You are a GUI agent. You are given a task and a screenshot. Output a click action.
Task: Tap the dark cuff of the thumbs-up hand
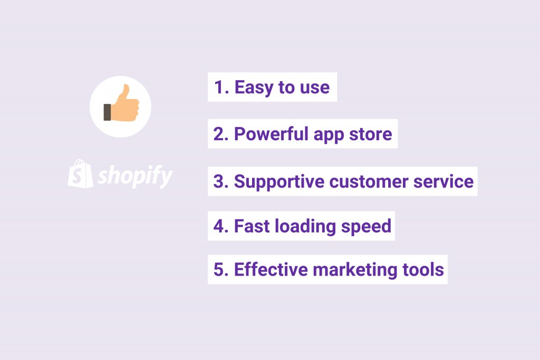108,112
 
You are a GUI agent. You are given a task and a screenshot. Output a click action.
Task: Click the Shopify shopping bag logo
80,173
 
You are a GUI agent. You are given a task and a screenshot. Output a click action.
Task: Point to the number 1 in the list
219,87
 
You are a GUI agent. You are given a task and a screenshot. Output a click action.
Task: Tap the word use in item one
314,88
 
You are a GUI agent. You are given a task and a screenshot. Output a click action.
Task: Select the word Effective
271,269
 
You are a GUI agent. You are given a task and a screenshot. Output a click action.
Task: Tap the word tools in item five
425,269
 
